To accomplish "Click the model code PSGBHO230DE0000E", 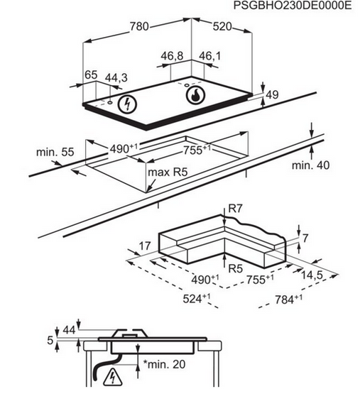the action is point(293,5).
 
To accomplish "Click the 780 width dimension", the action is point(139,26).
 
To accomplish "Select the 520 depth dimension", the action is point(222,26).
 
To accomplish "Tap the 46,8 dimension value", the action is point(173,56).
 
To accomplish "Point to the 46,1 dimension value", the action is point(209,56).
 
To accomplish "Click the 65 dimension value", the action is point(91,75).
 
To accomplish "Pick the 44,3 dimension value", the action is point(116,78).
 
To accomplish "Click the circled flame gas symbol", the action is point(196,96).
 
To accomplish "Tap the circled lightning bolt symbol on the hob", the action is point(127,104).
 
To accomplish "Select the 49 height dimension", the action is point(272,94).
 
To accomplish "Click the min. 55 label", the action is point(55,152).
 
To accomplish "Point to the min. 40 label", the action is point(310,165).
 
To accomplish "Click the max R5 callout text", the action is point(168,172).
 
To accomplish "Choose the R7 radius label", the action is point(235,209).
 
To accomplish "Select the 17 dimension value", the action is point(145,246).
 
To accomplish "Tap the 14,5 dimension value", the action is point(312,275).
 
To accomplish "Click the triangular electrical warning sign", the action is point(112,377).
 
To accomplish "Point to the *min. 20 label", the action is point(164,364).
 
